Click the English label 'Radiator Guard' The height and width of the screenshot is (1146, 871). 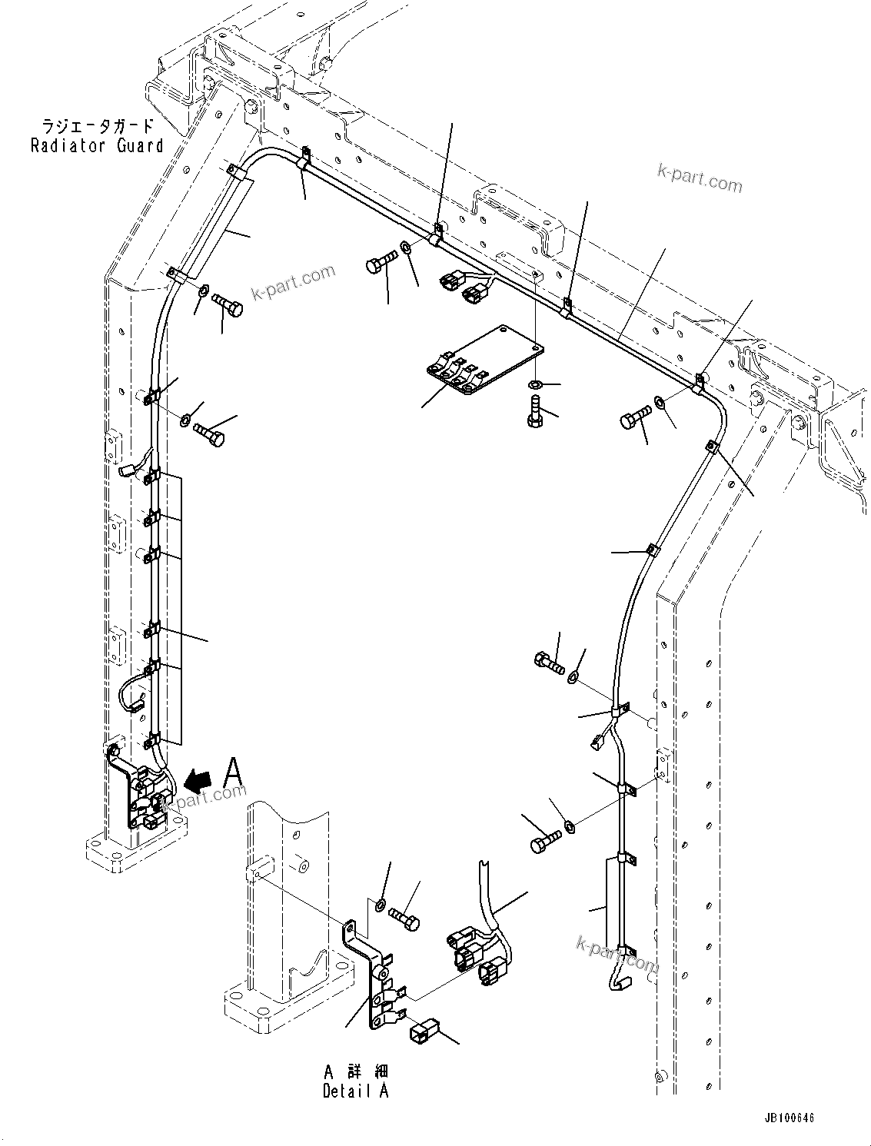click(96, 145)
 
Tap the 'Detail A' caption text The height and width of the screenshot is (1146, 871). click(355, 1091)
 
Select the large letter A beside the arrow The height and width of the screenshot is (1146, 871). click(234, 772)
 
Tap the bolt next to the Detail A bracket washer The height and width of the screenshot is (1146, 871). click(405, 916)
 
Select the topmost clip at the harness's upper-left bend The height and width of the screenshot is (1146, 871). click(304, 156)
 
